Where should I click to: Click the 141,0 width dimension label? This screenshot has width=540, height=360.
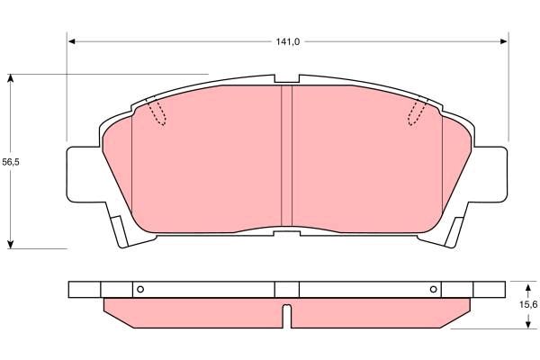(288, 41)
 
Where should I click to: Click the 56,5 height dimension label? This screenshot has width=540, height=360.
(11, 162)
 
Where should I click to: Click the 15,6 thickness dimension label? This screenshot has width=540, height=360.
(528, 304)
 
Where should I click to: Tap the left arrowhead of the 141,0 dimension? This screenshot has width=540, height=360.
(72, 41)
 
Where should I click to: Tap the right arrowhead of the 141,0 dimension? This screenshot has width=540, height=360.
(503, 41)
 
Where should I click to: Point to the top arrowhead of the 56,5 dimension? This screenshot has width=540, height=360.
(11, 78)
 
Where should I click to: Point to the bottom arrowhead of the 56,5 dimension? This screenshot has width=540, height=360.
(11, 244)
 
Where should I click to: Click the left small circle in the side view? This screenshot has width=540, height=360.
(140, 289)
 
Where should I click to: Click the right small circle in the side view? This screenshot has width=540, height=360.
(434, 289)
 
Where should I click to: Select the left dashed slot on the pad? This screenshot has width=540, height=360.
(157, 112)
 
